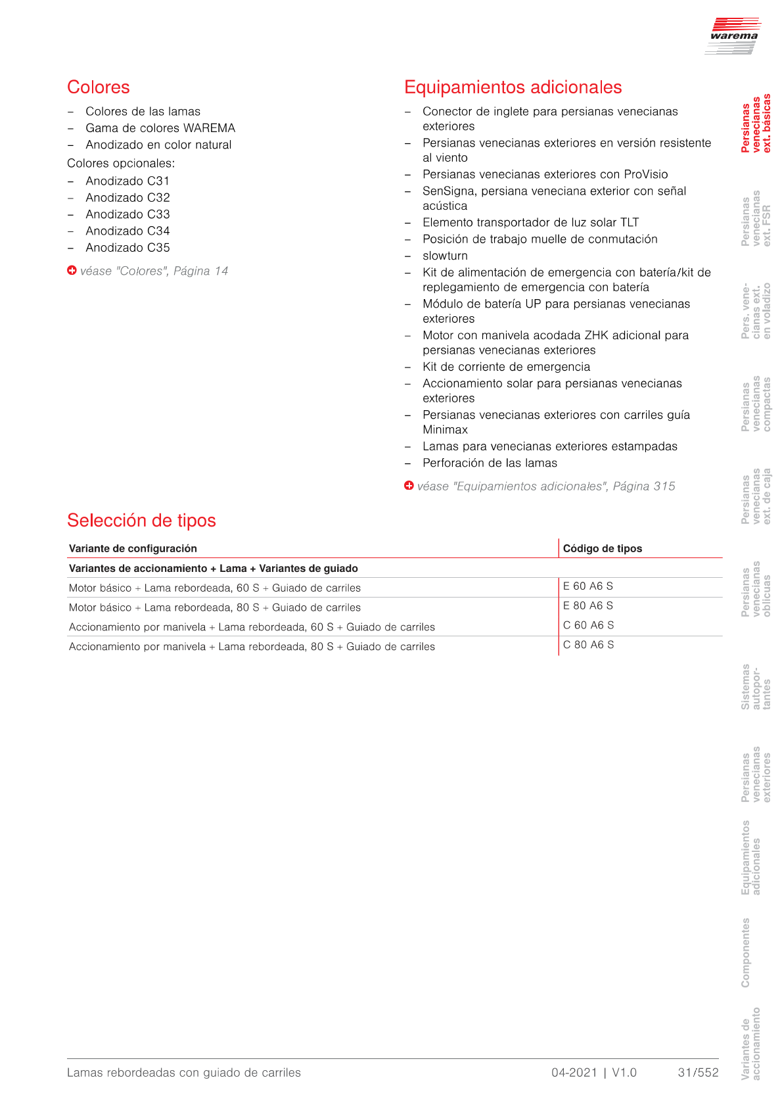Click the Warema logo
[733, 35]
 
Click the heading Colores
[99, 87]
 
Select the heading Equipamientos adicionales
[513, 87]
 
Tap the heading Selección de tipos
[141, 521]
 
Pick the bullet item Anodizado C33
[127, 214]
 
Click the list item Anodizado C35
[127, 248]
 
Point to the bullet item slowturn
[445, 256]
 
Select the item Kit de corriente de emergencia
[506, 367]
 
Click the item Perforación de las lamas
[490, 463]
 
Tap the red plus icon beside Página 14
[72, 270]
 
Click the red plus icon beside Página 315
[409, 486]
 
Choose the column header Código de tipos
[602, 548]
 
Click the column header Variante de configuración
[133, 548]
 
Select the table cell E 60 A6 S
[587, 586]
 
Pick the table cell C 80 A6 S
[588, 645]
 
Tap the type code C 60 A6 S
[588, 625]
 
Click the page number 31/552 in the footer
[698, 1073]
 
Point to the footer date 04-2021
[574, 1073]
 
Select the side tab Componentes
[746, 953]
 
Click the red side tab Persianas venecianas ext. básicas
[756, 124]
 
